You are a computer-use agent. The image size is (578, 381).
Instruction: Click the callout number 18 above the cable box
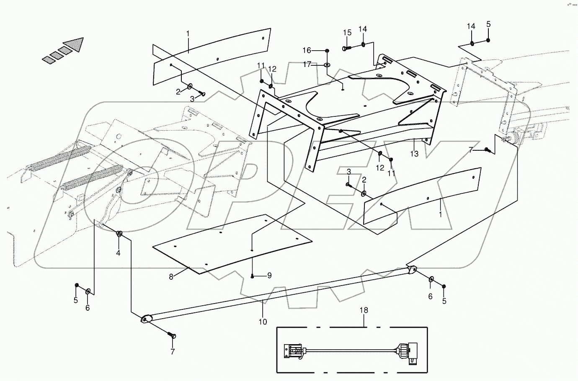[364, 310]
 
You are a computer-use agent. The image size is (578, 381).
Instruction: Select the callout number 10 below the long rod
[262, 322]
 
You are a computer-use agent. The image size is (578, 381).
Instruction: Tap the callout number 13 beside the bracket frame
[414, 154]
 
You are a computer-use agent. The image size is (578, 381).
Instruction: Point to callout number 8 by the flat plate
[171, 276]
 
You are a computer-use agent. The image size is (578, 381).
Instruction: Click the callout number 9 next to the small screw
[269, 275]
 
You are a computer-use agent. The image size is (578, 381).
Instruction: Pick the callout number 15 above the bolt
[347, 33]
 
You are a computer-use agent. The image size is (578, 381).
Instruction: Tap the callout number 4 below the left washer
[118, 253]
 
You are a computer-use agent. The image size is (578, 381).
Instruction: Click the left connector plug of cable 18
[293, 351]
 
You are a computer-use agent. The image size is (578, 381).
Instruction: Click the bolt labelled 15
[346, 48]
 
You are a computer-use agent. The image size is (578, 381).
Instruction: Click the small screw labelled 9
[253, 275]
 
